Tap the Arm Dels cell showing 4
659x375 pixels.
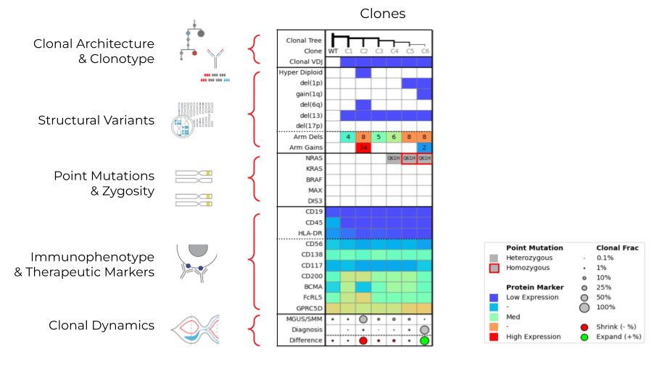(x=348, y=136)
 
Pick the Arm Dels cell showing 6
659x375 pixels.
(x=394, y=136)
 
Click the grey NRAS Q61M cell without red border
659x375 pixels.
(x=394, y=158)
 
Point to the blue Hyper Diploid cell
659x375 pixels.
(x=363, y=72)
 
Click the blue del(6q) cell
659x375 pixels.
(x=363, y=104)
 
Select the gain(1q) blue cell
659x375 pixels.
(x=424, y=93)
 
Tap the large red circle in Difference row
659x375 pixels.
(x=363, y=341)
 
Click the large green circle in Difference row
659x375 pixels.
(x=424, y=341)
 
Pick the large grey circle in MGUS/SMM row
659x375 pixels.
(x=363, y=319)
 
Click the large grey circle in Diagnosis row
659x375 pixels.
(x=424, y=329)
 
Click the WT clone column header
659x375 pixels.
(x=333, y=51)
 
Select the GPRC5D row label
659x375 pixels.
(x=307, y=308)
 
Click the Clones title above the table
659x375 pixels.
(x=383, y=14)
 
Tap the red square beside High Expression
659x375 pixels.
(x=494, y=337)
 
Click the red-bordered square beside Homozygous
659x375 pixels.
(x=494, y=267)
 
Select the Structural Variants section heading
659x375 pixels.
(x=96, y=120)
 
